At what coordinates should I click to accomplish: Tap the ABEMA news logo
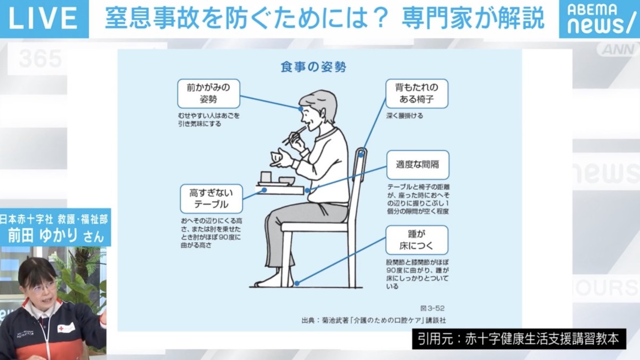[x=599, y=19]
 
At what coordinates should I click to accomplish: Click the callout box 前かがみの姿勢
[x=209, y=93]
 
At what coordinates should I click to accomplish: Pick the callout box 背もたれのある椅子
[x=417, y=93]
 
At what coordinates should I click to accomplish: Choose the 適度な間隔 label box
[x=418, y=165]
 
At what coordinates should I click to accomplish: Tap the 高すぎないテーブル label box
[x=211, y=198]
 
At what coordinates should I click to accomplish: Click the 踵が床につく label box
[x=417, y=240]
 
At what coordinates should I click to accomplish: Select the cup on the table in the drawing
[x=266, y=177]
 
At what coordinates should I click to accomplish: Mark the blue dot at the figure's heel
[x=297, y=283]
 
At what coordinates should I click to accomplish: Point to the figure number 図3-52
[x=432, y=308]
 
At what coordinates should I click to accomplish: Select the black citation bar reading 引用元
[x=518, y=339]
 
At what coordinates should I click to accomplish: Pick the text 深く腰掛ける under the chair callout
[x=405, y=116]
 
